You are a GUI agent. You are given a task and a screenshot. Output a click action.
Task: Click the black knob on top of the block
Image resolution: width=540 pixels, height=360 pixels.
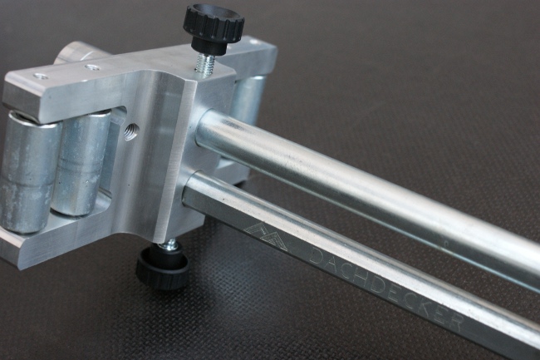pos(214,27)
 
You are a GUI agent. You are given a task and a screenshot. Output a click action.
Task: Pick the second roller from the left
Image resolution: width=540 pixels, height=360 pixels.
pos(82,162)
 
